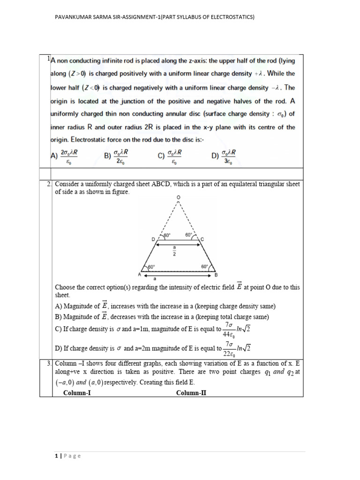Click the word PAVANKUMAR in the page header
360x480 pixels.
(x=71, y=17)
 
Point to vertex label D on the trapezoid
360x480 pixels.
(x=153, y=239)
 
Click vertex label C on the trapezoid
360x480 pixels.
(x=202, y=239)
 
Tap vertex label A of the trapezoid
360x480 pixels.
(x=139, y=274)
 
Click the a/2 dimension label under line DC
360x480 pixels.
(x=174, y=251)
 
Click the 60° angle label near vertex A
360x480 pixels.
(x=151, y=267)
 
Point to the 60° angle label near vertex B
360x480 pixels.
(x=204, y=267)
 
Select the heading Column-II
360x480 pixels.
(x=191, y=393)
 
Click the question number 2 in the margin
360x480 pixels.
(x=49, y=184)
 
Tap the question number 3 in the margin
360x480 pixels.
(x=49, y=363)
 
